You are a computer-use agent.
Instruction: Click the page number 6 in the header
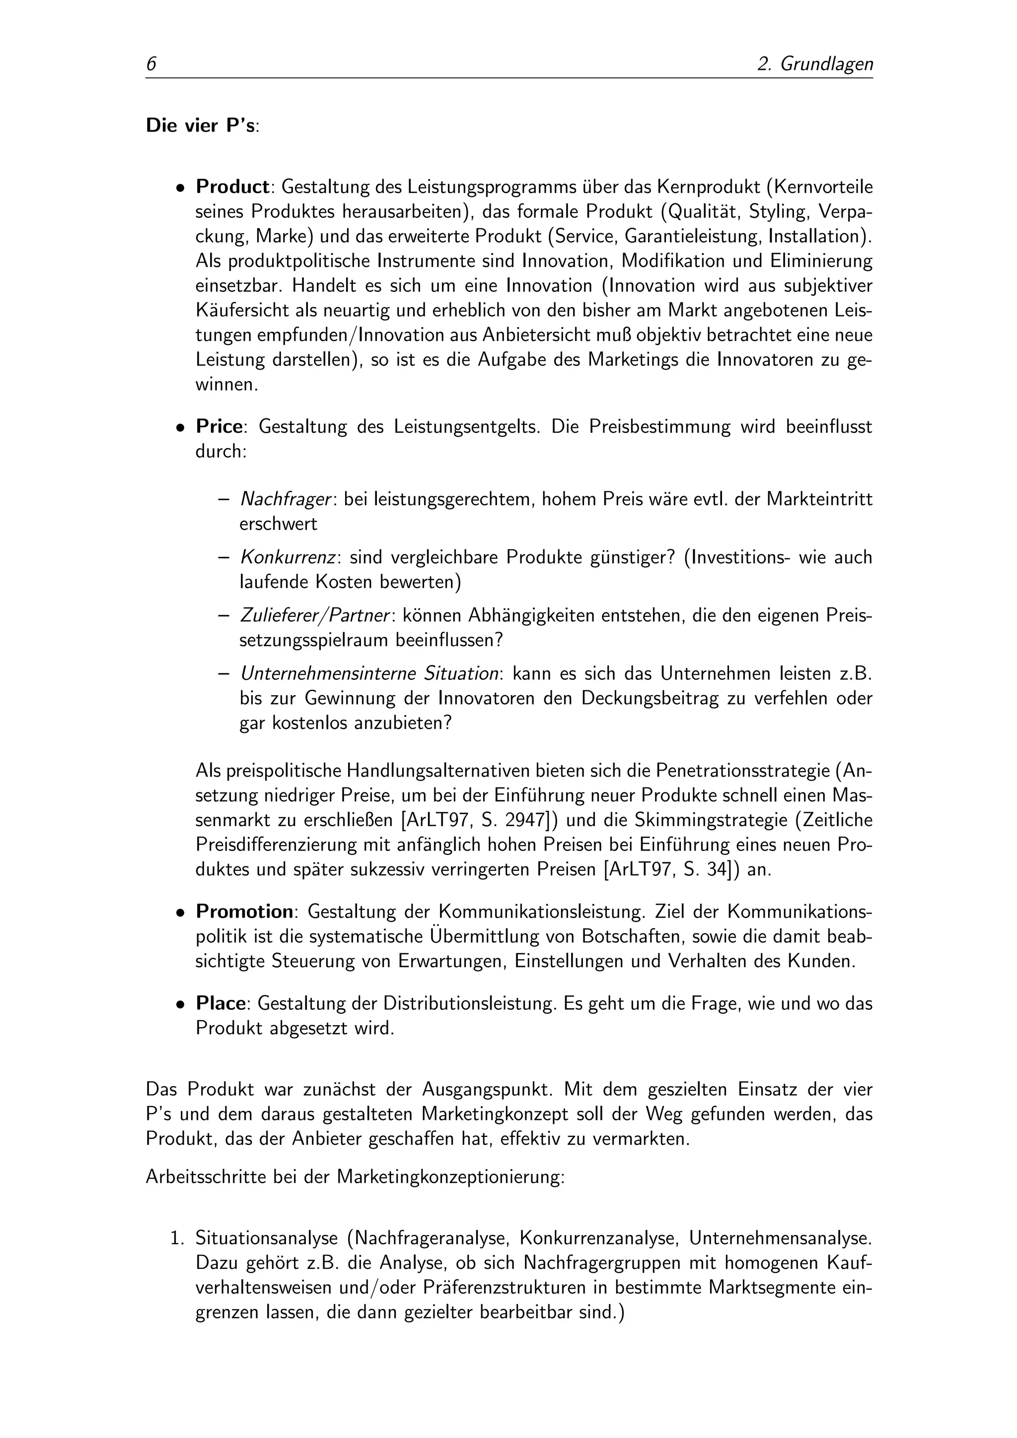(x=151, y=64)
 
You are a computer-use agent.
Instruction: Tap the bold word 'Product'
(x=232, y=187)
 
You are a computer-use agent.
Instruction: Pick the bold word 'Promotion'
(x=244, y=911)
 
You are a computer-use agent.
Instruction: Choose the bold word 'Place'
(x=220, y=1003)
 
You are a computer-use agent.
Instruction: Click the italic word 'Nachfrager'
(x=285, y=500)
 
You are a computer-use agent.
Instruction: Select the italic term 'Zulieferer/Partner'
(x=315, y=616)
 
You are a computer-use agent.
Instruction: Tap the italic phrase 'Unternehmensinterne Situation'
(x=369, y=674)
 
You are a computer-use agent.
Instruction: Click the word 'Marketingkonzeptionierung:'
(x=450, y=1177)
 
